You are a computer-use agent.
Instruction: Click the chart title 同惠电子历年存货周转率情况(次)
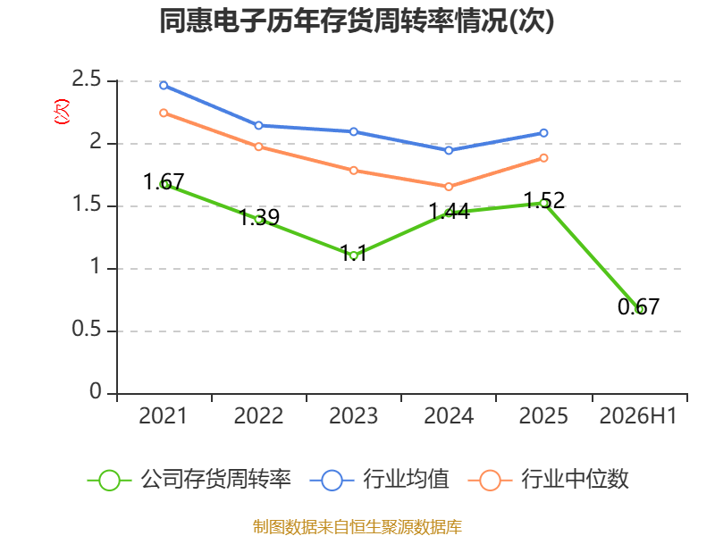[357, 21]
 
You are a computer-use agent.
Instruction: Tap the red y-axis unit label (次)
[62, 112]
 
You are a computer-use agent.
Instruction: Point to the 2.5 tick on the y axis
[86, 80]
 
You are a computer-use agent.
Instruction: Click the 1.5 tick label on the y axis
[86, 205]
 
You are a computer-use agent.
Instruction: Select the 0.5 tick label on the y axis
[86, 330]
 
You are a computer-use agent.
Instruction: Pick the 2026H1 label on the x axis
[638, 416]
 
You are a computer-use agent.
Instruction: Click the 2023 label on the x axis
[353, 416]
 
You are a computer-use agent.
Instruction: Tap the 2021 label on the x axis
[164, 416]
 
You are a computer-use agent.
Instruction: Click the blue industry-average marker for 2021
[164, 85]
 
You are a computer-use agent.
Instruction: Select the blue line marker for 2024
[449, 150]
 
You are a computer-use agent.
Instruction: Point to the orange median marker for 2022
[258, 147]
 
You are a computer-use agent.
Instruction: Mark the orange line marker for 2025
[543, 158]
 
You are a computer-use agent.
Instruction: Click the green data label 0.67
[638, 306]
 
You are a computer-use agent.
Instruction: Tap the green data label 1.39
[259, 217]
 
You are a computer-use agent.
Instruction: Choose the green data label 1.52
[544, 200]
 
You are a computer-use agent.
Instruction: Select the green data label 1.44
[450, 212]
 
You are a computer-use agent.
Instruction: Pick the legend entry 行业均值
[379, 480]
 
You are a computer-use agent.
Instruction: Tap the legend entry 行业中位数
[549, 480]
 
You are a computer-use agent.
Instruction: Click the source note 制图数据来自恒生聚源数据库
[357, 527]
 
